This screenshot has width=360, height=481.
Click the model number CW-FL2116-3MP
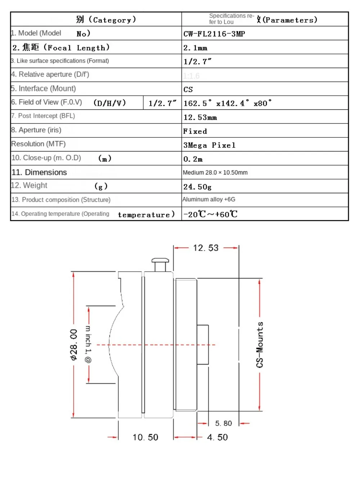tap(214, 34)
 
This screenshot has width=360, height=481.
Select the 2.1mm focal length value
tap(195, 48)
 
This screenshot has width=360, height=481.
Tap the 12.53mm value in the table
tap(200, 117)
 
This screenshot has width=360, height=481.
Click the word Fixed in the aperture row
tap(195, 131)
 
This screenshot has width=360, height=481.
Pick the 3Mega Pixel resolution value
tap(209, 145)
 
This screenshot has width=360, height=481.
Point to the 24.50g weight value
tap(197, 187)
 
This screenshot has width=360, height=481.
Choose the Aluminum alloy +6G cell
tap(209, 199)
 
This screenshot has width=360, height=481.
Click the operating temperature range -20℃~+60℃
tap(211, 214)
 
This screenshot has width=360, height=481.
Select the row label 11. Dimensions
tap(39, 172)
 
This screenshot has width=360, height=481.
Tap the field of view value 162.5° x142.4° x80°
tap(228, 104)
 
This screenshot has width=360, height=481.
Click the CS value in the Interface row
tap(188, 90)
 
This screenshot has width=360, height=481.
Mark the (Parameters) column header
tap(290, 20)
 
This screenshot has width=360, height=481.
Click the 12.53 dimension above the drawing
tap(206, 248)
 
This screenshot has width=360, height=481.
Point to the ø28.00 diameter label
tap(73, 345)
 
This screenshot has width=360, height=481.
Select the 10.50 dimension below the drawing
tap(145, 437)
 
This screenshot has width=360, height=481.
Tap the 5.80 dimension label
tap(224, 423)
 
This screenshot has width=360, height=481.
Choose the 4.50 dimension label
tap(217, 437)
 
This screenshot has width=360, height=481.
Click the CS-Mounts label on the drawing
tap(260, 345)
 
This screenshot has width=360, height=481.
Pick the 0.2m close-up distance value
tap(193, 159)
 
